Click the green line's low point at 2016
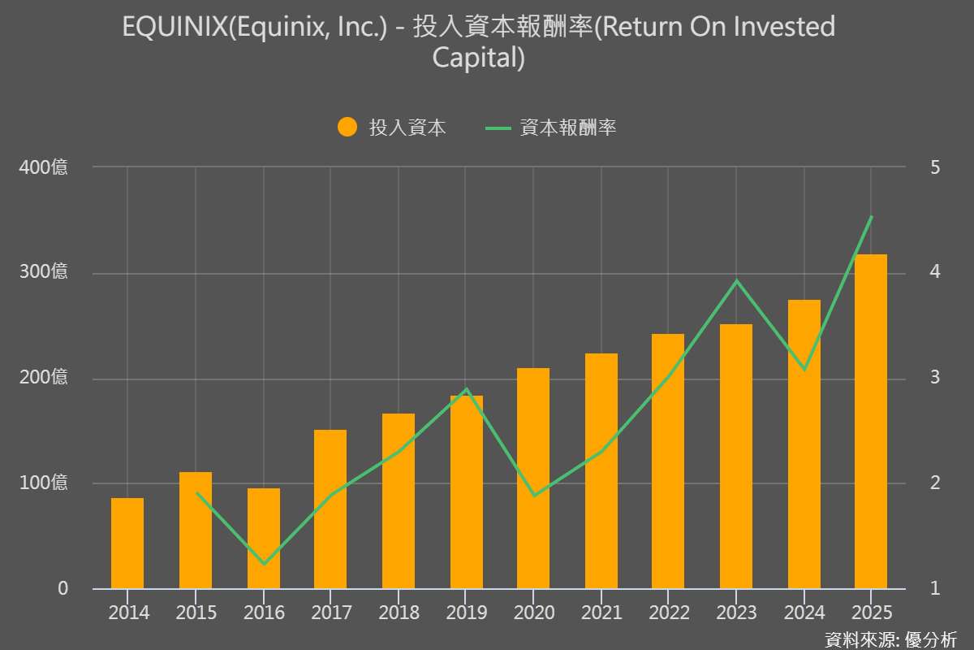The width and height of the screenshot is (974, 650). (264, 563)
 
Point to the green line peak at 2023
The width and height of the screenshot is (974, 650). (736, 281)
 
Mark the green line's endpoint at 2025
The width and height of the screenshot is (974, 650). (871, 217)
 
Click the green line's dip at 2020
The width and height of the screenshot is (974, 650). (533, 495)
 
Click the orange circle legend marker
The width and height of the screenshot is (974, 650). (347, 128)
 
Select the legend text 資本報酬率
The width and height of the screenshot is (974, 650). (568, 128)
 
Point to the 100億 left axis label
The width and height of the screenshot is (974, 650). (44, 483)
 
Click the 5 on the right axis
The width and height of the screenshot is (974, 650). (935, 167)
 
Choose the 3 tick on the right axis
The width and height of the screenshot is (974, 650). (935, 378)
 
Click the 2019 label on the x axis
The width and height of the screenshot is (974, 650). (467, 613)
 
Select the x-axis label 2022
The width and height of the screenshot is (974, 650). (670, 613)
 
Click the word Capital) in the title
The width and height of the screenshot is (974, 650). (479, 58)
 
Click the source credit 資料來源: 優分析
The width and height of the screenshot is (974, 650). (890, 639)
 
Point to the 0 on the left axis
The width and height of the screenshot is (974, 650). (62, 588)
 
